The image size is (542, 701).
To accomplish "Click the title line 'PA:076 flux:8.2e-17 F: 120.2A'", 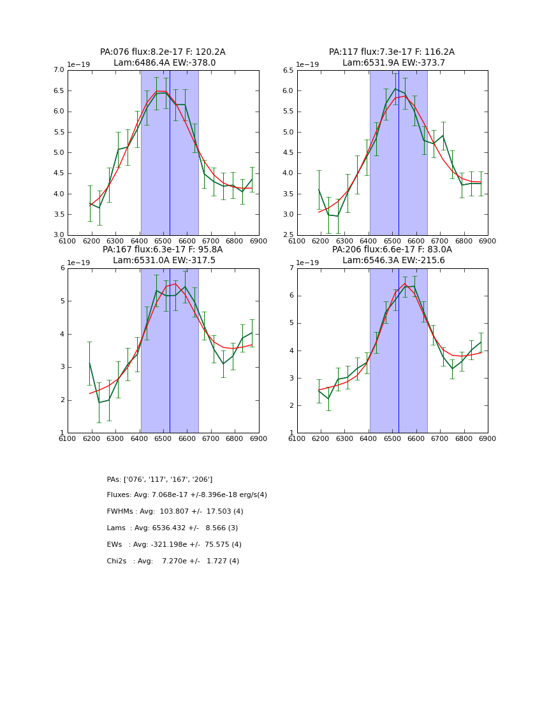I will click(163, 52).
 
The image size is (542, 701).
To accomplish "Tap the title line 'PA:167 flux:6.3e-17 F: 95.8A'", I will click(163, 250).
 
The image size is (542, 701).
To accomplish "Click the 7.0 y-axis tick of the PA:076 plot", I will click(58, 70).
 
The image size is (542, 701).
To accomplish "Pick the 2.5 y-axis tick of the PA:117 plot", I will click(288, 235).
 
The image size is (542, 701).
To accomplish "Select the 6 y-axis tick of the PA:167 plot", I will click(62, 268).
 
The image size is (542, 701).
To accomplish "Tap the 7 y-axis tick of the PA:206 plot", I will click(292, 268).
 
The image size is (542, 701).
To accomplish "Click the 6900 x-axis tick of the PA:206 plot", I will click(488, 438).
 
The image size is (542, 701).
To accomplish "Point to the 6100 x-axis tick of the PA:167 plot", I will click(68, 438).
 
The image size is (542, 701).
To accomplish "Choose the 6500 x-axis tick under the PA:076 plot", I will click(163, 240).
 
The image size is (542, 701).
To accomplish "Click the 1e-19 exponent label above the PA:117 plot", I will click(307, 65).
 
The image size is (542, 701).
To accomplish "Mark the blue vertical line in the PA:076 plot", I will click(170, 153).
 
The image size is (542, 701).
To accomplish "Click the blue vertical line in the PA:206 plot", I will click(399, 350).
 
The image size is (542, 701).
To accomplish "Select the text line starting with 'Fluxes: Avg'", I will click(187, 495).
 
